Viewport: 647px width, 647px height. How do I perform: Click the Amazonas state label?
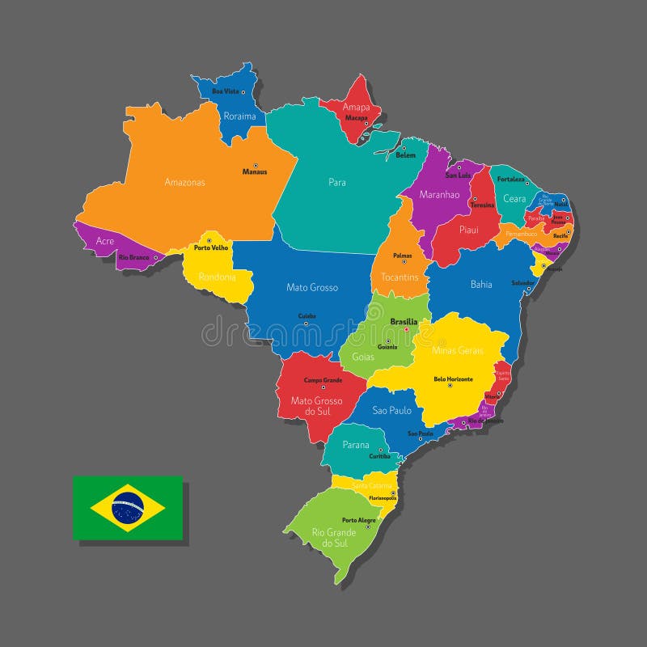184,182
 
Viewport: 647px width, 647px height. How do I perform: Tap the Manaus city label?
255,171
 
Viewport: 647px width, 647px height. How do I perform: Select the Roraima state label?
239,116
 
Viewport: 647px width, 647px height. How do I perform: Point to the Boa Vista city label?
226,91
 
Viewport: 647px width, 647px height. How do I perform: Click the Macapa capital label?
357,117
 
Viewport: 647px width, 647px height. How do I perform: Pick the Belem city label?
406,155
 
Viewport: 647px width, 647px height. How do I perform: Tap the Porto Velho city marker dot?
209,240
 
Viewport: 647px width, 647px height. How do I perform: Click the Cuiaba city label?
307,315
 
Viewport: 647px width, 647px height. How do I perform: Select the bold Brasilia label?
404,321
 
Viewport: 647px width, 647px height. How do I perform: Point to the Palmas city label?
402,256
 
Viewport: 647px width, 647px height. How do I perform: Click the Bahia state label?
481,284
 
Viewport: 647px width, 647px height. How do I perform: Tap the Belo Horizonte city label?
453,378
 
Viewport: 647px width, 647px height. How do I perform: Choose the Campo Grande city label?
323,379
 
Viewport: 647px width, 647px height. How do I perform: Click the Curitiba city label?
379,456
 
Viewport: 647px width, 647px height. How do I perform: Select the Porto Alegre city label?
360,520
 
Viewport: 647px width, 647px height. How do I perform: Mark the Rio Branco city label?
134,257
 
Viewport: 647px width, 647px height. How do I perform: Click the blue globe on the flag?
128,508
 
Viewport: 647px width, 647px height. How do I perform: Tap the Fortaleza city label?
511,179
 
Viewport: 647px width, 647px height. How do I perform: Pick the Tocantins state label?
400,277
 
